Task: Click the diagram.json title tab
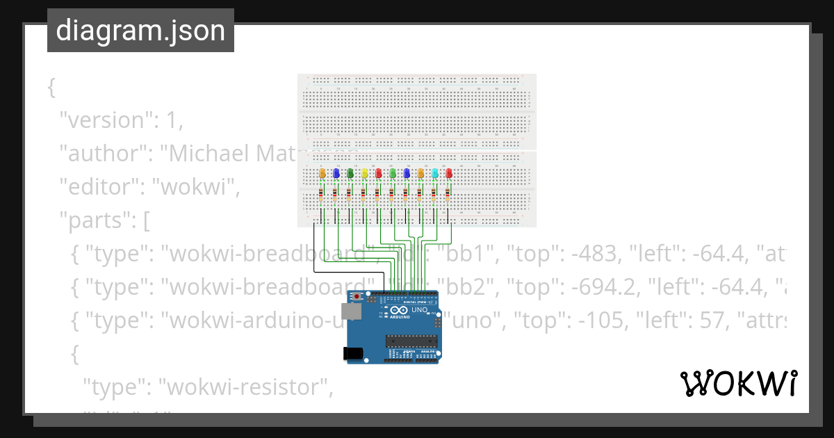(140, 31)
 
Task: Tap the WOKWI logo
(737, 383)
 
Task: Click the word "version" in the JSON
(106, 120)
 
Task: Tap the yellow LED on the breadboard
(364, 173)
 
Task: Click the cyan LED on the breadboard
(435, 173)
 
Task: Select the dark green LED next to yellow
(350, 173)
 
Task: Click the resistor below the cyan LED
(435, 195)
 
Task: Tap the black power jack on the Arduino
(354, 353)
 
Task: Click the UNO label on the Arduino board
(419, 310)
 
